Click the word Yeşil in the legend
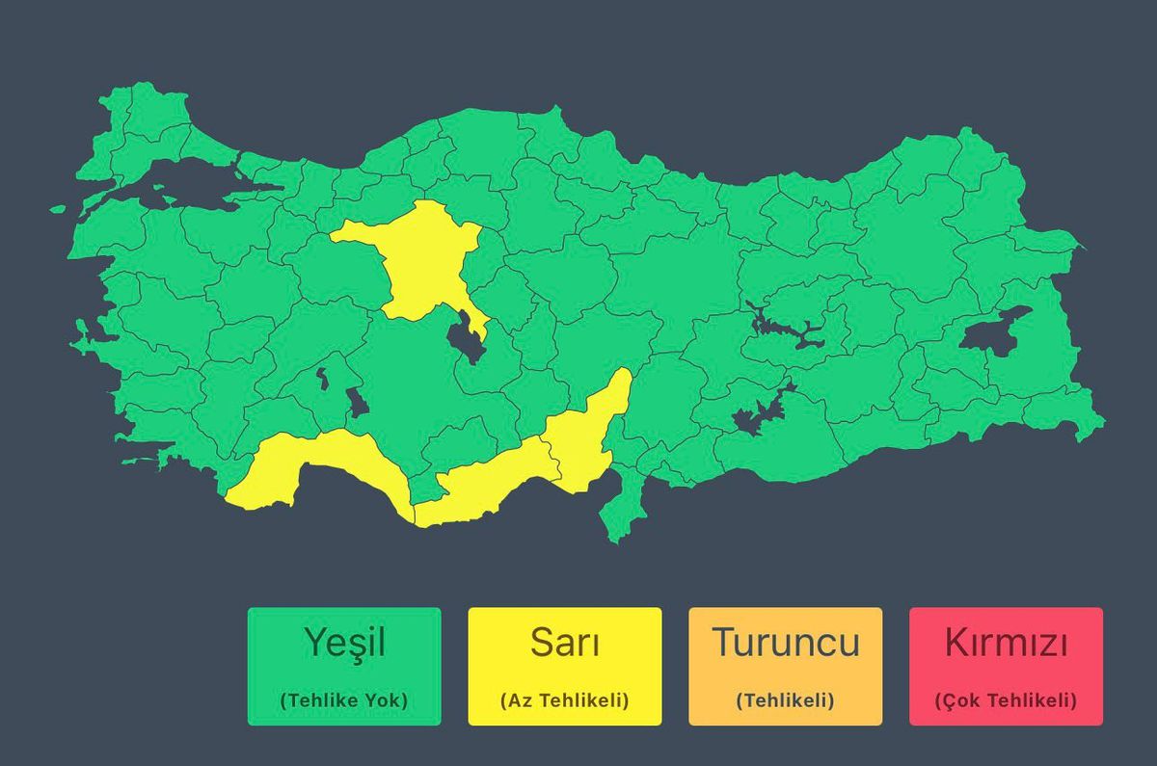point(344,642)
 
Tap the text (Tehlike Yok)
point(344,700)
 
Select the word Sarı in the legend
point(565,642)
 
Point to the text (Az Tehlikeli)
point(565,700)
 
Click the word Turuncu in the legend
point(786,642)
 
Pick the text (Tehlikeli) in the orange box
point(786,700)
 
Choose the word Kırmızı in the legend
point(1006,642)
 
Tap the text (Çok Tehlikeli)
point(1006,700)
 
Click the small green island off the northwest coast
point(58,209)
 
